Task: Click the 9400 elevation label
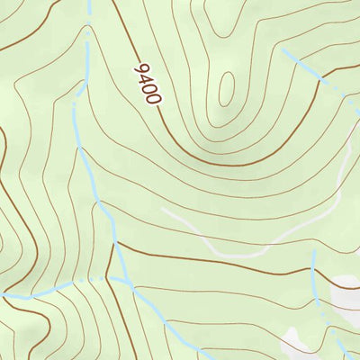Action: click(x=148, y=84)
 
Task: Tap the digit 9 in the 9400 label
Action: click(x=139, y=68)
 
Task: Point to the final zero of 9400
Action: click(x=155, y=98)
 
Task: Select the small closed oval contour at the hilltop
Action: click(x=225, y=88)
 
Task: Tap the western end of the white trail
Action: click(x=163, y=210)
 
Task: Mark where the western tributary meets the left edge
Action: click(x=3, y=294)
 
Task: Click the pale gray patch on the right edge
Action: click(x=347, y=292)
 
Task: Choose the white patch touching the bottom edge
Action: click(x=297, y=346)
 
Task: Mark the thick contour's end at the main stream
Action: click(x=116, y=242)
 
